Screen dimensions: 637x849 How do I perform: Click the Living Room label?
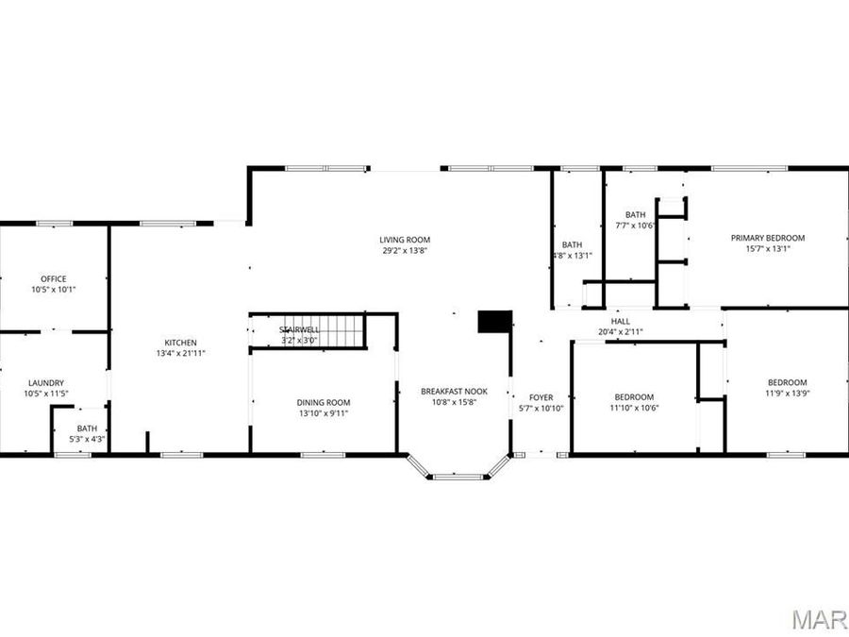405,240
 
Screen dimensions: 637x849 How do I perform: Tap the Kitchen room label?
180,342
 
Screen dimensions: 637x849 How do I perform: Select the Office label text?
53,278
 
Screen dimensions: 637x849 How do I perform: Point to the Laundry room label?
45,382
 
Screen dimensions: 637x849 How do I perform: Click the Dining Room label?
324,402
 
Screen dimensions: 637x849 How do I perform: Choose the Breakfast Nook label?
454,391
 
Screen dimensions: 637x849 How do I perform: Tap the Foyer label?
541,397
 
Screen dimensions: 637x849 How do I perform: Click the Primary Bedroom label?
767,238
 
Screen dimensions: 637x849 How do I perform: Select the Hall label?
620,322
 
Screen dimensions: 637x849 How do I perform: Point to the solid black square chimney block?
493,321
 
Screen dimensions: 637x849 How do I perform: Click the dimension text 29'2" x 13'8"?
405,251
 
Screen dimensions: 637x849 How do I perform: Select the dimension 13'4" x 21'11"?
180,353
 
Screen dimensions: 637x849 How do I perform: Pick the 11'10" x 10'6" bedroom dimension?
633,408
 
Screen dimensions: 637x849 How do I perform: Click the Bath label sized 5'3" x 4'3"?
87,428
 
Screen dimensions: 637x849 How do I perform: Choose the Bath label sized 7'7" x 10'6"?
634,214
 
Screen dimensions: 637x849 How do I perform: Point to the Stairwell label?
299,328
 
